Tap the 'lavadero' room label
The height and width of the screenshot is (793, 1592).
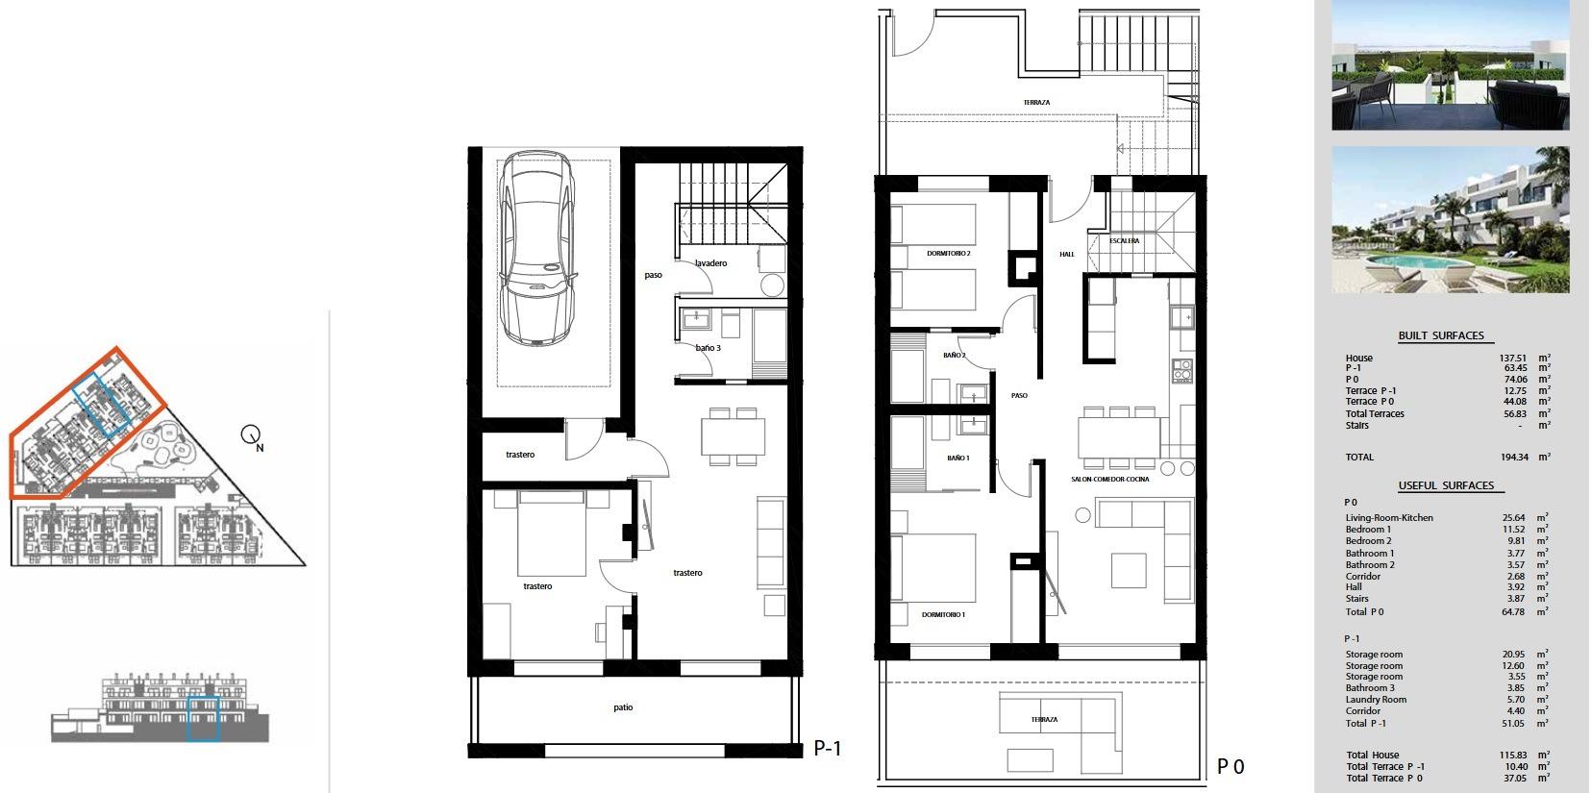[710, 263]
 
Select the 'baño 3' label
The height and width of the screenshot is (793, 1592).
[708, 348]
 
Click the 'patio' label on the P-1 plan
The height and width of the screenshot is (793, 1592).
[623, 708]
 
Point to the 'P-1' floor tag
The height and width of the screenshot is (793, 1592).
[827, 748]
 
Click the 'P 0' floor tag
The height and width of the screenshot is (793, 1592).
[1231, 767]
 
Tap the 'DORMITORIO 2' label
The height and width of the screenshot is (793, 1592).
[948, 254]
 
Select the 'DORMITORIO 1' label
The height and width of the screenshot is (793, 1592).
[942, 615]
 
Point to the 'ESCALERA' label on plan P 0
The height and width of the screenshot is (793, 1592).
[1124, 241]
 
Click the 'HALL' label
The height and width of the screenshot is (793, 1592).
[1067, 255]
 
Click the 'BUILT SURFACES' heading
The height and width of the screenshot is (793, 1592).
[1441, 336]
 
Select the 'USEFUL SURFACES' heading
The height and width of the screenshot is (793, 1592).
[1446, 486]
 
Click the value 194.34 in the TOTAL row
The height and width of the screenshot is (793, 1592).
[1513, 458]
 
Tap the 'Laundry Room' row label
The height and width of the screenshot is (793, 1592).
[1376, 700]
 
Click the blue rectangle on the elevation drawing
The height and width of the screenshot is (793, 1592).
[203, 718]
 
